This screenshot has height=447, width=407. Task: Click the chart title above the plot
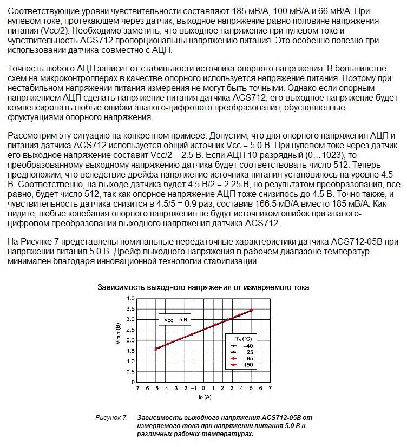[203, 287]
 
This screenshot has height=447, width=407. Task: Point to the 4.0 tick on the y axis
[129, 299]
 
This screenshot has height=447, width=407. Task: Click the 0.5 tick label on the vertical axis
[129, 372]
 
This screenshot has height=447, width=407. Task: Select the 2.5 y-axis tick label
[129, 330]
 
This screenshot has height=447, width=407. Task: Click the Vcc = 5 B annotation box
[176, 320]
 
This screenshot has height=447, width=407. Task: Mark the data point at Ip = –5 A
[156, 349]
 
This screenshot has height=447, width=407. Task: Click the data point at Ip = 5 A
[251, 311]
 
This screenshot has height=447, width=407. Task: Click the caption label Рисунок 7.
[111, 418]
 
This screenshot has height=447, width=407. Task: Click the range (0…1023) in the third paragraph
[323, 155]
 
